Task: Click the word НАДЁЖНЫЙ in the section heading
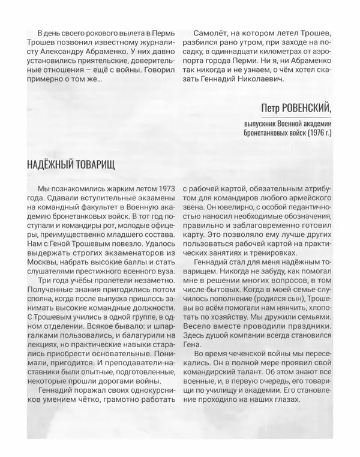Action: [50, 164]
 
